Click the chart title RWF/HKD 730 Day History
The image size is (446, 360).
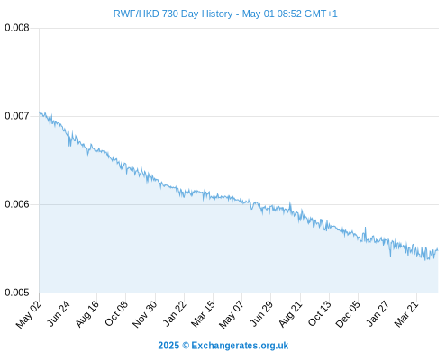(173, 13)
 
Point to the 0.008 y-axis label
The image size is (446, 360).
(17, 28)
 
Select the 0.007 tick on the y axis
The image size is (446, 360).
(17, 116)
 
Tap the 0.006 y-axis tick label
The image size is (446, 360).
(17, 204)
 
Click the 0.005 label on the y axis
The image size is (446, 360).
(17, 292)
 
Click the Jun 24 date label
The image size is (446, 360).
(59, 313)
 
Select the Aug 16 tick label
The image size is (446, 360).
(86, 313)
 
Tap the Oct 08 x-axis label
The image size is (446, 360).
(116, 313)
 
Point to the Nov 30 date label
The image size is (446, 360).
(144, 314)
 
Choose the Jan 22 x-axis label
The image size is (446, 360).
(174, 313)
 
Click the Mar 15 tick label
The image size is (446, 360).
(203, 314)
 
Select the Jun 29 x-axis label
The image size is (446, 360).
(261, 313)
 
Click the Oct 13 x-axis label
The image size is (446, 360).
(320, 313)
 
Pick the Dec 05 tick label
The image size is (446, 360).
(348, 314)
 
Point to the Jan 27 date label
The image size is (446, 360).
(378, 313)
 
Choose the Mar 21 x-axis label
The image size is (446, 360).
(406, 314)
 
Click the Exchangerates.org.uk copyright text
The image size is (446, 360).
(223, 346)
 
